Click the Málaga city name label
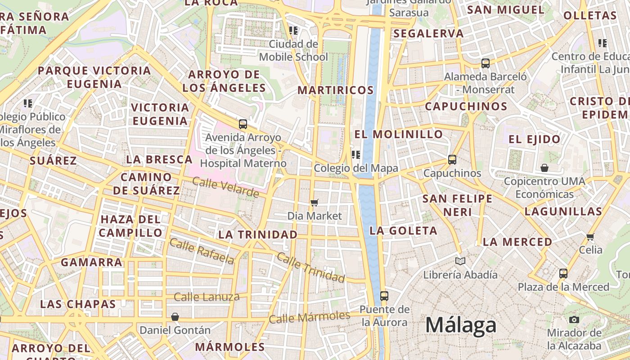click(x=460, y=325)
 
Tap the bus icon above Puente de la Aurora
click(x=384, y=296)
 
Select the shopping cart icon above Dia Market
click(x=315, y=203)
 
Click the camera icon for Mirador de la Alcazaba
click(x=574, y=319)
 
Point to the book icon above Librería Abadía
click(x=460, y=261)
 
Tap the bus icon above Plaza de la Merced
click(x=563, y=273)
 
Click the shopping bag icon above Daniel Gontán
click(x=175, y=317)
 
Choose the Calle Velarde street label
click(x=225, y=187)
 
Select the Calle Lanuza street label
click(x=207, y=297)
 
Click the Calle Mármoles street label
click(x=309, y=317)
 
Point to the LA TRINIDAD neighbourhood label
click(x=258, y=234)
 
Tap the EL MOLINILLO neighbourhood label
click(x=399, y=134)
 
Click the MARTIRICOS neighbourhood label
click(x=336, y=90)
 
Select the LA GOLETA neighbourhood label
click(x=403, y=231)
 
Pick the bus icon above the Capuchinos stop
click(x=452, y=159)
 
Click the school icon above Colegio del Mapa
click(x=356, y=155)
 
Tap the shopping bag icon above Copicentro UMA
click(x=544, y=168)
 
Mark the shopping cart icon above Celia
click(x=590, y=236)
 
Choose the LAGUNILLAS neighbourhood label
click(x=563, y=211)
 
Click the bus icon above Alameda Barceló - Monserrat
click(x=485, y=63)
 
